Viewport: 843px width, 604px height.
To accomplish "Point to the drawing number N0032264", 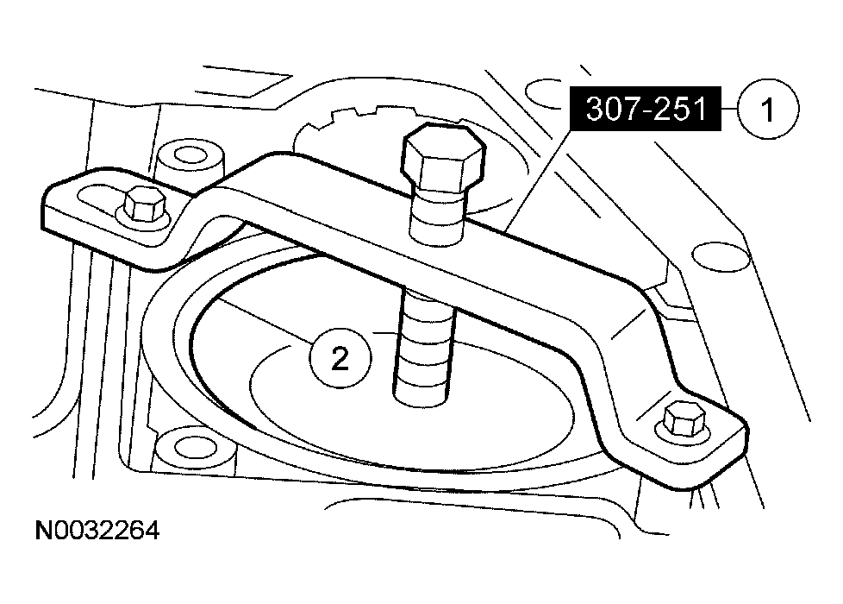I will (x=97, y=530).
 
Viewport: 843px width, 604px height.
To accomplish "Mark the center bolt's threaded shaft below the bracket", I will (x=422, y=345).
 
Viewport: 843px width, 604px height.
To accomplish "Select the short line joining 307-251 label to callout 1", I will (x=727, y=109).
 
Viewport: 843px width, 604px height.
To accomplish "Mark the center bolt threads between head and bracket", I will (x=438, y=216).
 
